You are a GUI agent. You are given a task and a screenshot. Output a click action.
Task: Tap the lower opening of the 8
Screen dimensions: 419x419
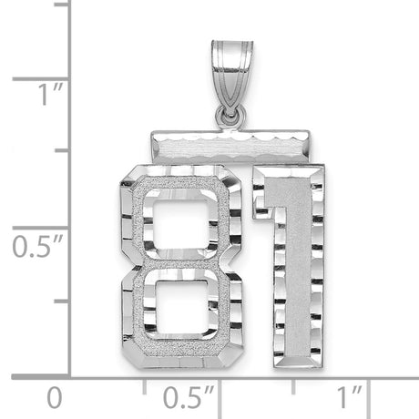click(x=181, y=310)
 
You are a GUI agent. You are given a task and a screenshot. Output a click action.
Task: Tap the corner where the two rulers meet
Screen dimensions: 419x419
click(x=70, y=374)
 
